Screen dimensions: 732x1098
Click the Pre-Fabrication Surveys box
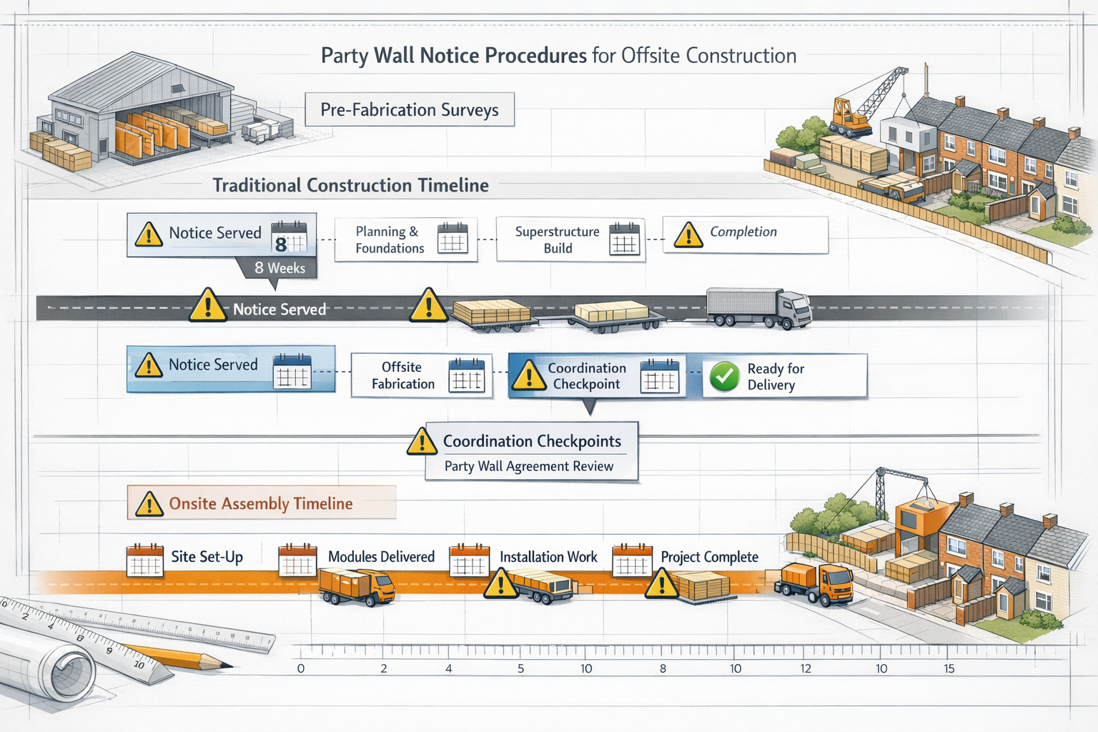point(409,110)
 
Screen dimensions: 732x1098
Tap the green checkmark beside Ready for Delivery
point(724,377)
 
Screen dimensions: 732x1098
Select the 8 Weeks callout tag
point(279,268)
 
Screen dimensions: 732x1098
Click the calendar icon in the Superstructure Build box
point(624,239)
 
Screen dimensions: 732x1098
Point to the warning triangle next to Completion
point(688,234)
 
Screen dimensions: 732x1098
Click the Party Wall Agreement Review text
point(529,466)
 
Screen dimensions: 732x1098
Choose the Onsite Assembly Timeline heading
point(260,503)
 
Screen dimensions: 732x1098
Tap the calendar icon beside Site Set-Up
point(145,560)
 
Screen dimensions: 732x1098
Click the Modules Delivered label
point(381,557)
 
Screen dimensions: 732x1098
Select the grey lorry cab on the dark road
point(794,309)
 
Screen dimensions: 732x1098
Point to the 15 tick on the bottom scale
point(949,668)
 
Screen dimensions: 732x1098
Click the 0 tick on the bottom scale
point(301,668)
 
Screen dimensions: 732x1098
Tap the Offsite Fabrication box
point(420,375)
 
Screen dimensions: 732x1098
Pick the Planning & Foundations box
point(405,239)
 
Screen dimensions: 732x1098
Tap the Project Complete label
point(709,557)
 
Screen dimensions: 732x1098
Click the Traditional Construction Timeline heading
point(350,185)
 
